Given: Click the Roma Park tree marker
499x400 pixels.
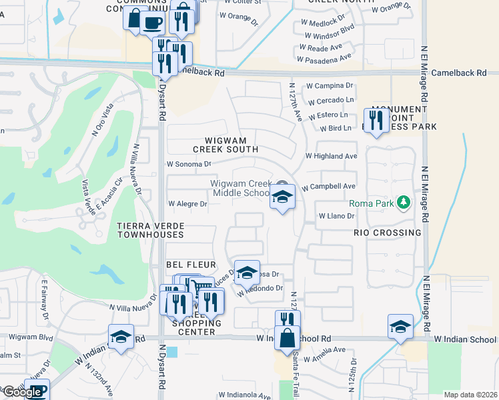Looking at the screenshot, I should [x=402, y=202].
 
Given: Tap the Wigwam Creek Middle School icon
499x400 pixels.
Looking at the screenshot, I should [x=283, y=197].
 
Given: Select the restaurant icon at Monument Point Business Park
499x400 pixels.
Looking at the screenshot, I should [x=376, y=120].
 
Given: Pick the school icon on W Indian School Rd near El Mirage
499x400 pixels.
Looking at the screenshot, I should [x=400, y=327].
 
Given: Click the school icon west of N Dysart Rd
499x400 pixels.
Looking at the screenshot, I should [x=121, y=337].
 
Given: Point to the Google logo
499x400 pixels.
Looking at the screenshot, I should [x=22, y=392].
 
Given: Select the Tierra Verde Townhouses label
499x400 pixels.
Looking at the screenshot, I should [x=150, y=231].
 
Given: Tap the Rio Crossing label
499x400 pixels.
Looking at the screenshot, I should [x=388, y=233].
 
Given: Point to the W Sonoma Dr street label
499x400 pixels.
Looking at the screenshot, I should [x=189, y=163].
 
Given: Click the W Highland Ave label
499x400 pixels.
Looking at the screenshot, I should [x=331, y=156].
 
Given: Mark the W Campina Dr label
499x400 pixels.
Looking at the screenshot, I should [x=329, y=86].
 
